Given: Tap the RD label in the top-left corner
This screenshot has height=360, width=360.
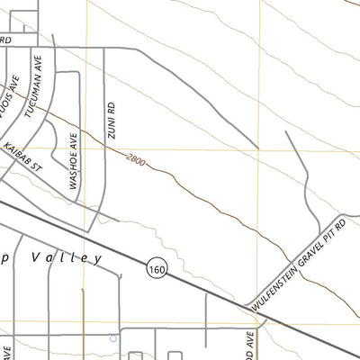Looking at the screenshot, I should click(x=5, y=40).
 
